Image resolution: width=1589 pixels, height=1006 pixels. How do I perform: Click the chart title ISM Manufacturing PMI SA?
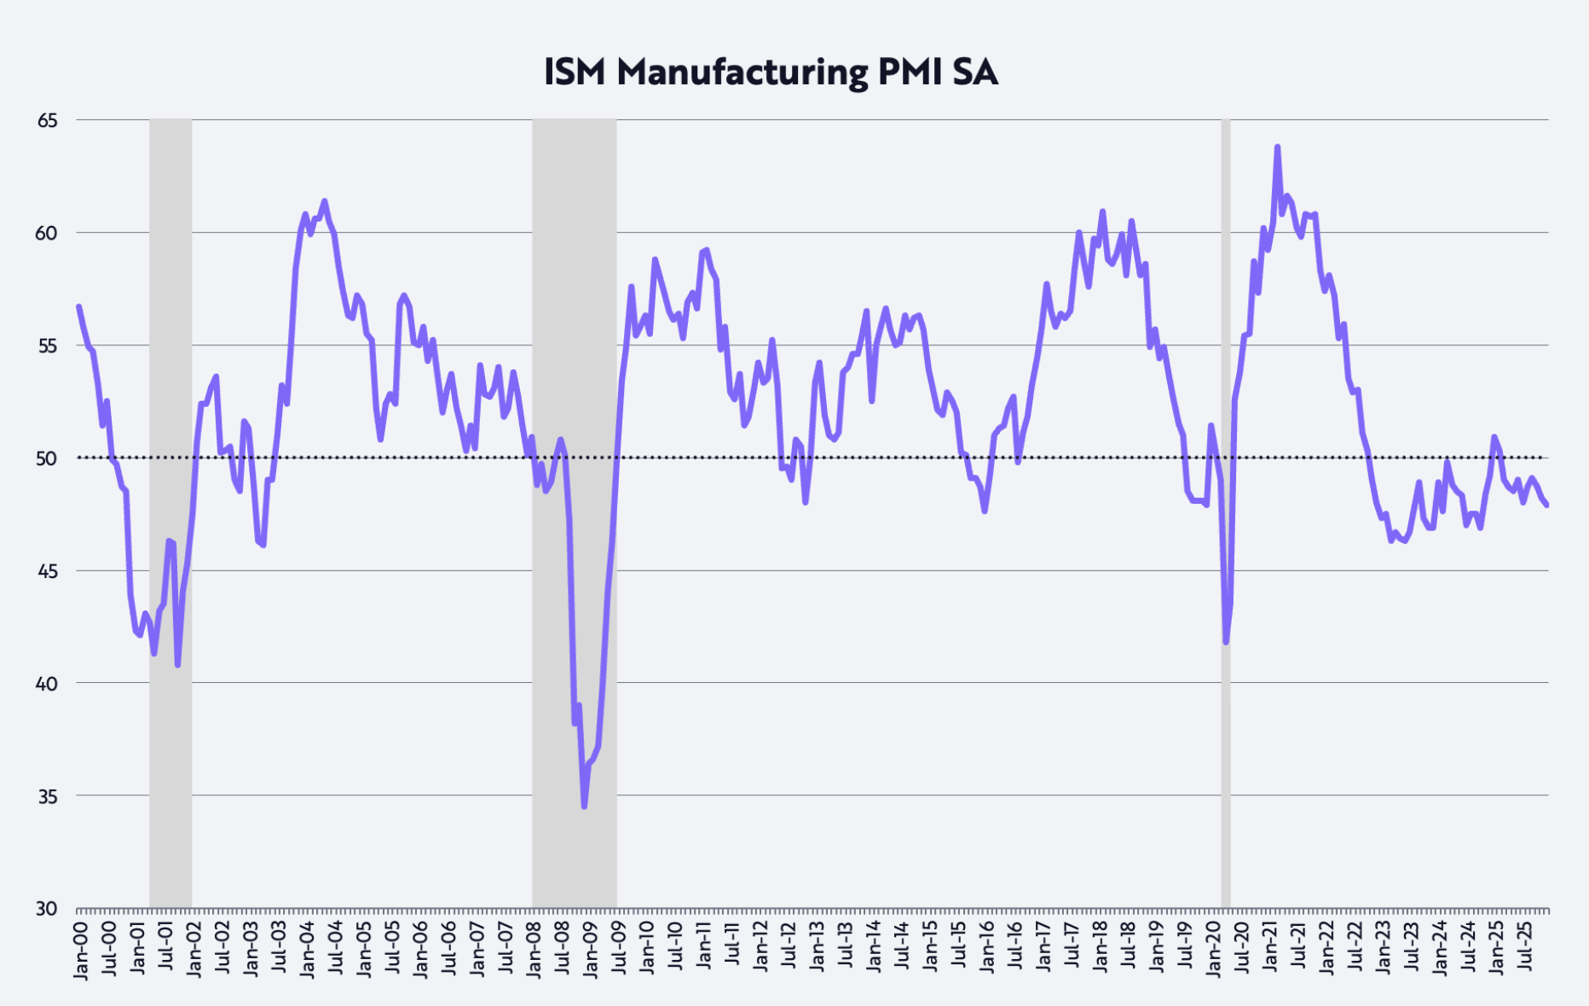[x=771, y=72]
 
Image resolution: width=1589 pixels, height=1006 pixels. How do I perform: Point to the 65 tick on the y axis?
[x=48, y=120]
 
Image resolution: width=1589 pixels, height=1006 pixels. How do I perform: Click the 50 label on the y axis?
[x=48, y=459]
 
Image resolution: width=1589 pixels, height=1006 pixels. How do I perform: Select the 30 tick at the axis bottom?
[x=48, y=909]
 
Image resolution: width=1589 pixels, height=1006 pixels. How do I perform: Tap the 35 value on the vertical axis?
[x=48, y=796]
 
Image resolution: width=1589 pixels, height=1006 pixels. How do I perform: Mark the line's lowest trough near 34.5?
[x=584, y=806]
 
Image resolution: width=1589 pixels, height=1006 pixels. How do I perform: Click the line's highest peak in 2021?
[x=1277, y=147]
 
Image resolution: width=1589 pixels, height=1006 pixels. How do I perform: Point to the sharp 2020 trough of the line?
[x=1226, y=642]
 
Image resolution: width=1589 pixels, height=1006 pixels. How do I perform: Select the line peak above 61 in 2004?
[x=325, y=201]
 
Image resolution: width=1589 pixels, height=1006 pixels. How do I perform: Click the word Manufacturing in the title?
[x=742, y=72]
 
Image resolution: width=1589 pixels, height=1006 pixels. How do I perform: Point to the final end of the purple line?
[x=1546, y=506]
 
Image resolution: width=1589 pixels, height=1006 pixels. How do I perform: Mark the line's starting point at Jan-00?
[x=78, y=306]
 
